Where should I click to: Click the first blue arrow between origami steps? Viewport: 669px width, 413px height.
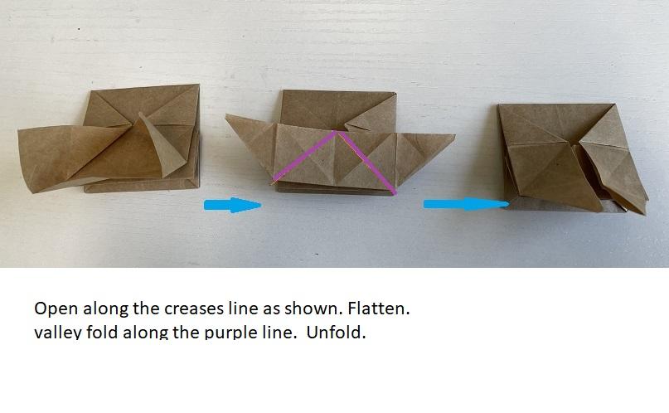point(232,205)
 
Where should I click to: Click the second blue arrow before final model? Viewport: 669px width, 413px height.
point(467,204)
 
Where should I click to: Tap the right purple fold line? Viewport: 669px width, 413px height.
point(367,162)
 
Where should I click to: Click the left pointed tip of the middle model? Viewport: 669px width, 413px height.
point(226,114)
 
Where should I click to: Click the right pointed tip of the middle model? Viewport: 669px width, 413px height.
point(454,136)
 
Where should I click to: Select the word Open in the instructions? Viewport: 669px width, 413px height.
point(56,309)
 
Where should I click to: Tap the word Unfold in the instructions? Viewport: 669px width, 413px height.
point(336,332)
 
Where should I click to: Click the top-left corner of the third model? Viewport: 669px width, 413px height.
point(498,104)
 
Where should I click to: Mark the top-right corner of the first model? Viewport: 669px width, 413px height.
point(199,85)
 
